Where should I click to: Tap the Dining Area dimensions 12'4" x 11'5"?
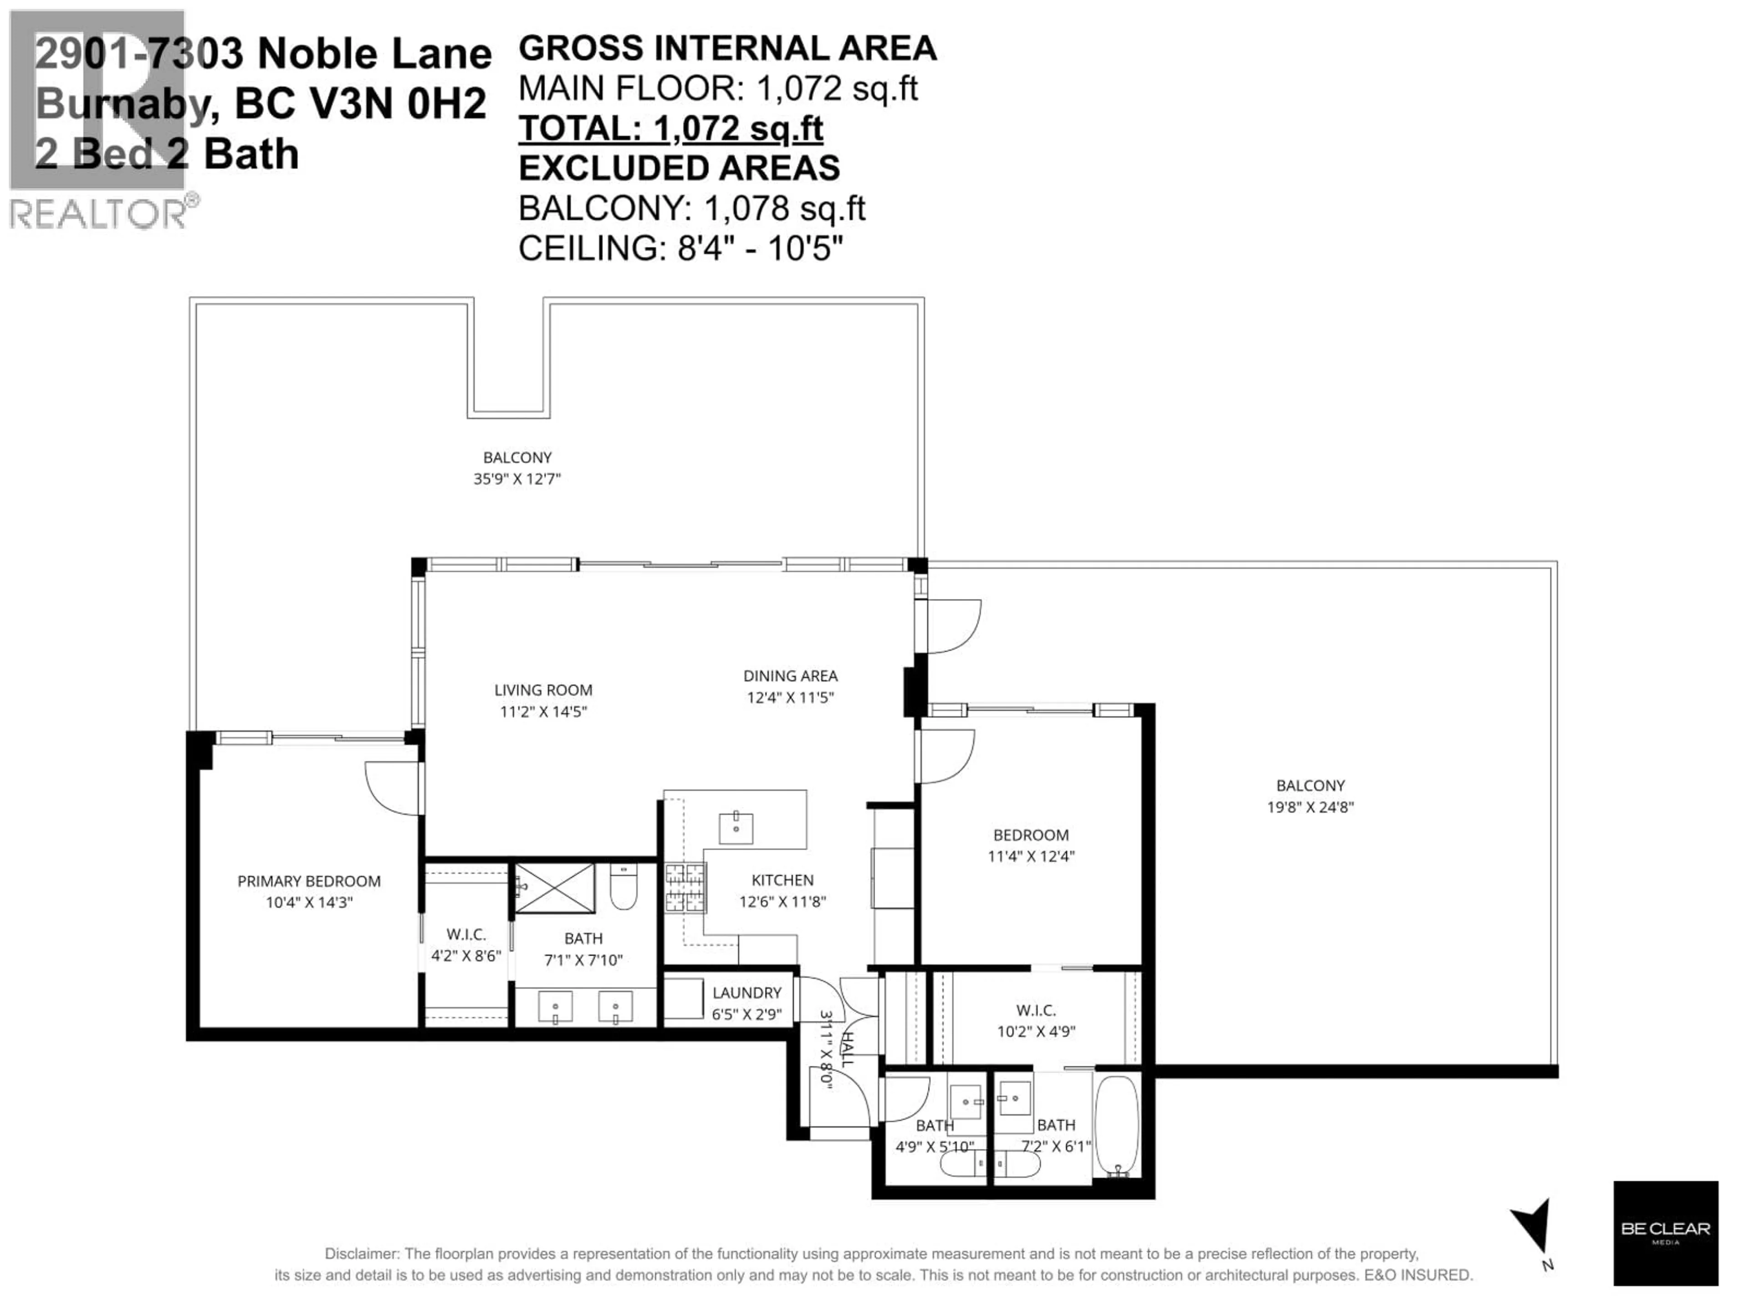(x=790, y=697)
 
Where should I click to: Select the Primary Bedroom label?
(x=309, y=881)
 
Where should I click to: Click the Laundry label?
(x=747, y=993)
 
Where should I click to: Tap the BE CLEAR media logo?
(x=1665, y=1232)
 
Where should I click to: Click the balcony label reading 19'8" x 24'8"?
(x=1310, y=807)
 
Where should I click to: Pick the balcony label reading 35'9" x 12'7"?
(x=517, y=478)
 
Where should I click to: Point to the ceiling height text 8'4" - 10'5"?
(x=760, y=248)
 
